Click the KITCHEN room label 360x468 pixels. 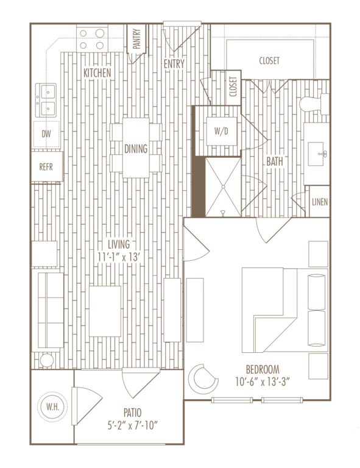click(97, 73)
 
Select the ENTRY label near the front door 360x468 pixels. click(175, 63)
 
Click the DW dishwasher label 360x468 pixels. click(46, 133)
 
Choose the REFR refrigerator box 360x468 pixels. click(47, 167)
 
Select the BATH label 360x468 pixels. click(274, 162)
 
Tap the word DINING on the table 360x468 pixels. click(136, 148)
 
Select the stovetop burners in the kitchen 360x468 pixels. click(92, 39)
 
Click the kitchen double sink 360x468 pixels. click(46, 101)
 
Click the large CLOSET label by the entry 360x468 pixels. click(269, 60)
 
